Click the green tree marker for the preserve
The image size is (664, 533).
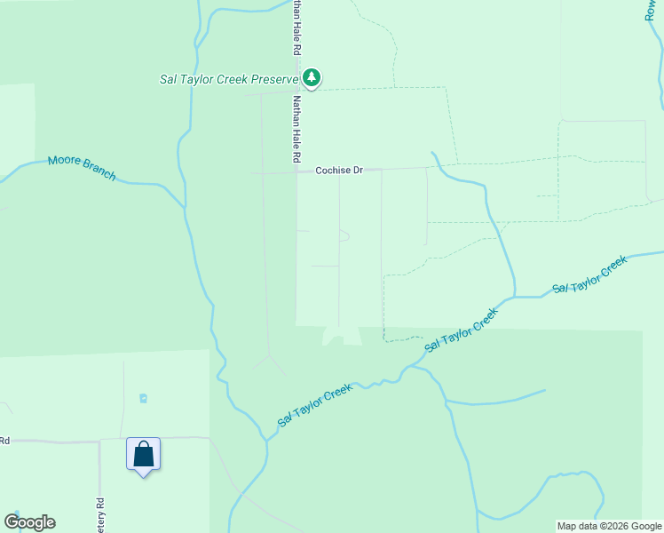point(311,78)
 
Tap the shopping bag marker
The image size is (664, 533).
point(143,455)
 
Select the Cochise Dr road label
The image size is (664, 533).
point(339,170)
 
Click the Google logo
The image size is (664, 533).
point(29,521)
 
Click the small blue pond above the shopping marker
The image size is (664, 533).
point(144,398)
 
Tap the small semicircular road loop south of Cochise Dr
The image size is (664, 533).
point(344,235)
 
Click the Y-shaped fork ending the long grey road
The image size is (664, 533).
point(270,360)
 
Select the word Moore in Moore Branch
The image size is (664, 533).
point(64,161)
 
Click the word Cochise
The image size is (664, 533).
point(333,170)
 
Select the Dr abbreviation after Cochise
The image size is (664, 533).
point(358,170)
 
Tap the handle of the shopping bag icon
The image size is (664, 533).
point(143,446)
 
